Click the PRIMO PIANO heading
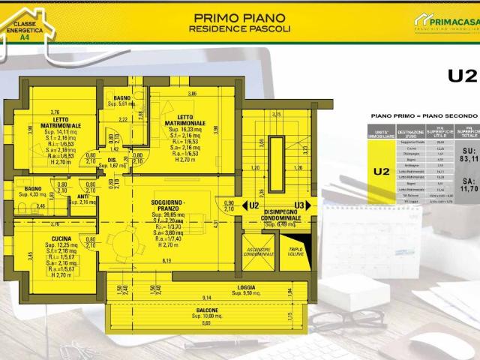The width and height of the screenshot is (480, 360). [239, 17]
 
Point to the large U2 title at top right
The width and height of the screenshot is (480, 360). [462, 76]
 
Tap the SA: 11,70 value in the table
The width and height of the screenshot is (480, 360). [469, 185]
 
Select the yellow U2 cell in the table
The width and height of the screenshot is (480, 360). [381, 170]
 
